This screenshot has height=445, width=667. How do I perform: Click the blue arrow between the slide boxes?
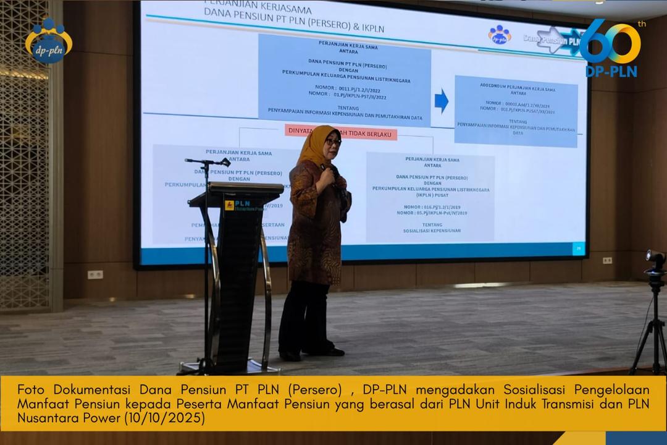(x=441, y=101)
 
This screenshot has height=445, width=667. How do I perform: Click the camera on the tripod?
(x=655, y=260)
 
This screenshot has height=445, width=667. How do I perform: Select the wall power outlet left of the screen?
(x=95, y=274)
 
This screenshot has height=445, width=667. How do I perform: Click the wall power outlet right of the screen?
(x=607, y=260)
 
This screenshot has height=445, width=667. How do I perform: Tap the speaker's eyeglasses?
(x=333, y=142)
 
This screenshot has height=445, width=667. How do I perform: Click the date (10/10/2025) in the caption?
(x=164, y=418)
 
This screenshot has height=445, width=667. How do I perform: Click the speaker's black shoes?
(x=312, y=353)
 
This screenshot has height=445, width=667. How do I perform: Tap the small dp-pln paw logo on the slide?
(x=500, y=35)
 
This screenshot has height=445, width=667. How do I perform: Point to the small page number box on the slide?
(x=578, y=248)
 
